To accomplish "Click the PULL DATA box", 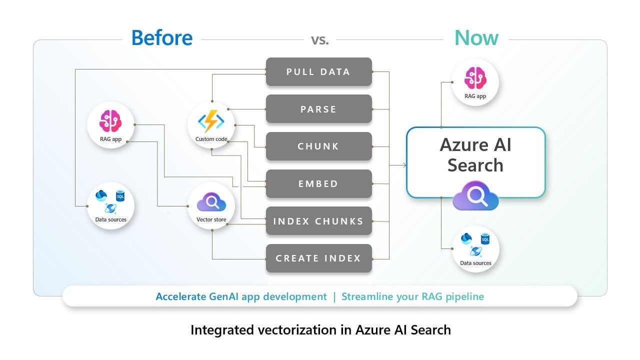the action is pyautogui.click(x=319, y=71).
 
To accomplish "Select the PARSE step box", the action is pyautogui.click(x=319, y=109).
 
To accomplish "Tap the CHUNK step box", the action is pyautogui.click(x=319, y=146).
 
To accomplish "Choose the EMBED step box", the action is pyautogui.click(x=319, y=183).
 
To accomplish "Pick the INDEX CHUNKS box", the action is pyautogui.click(x=319, y=221).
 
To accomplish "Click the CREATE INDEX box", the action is pyautogui.click(x=319, y=258).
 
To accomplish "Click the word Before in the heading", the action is pyautogui.click(x=162, y=37).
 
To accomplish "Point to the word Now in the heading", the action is pyautogui.click(x=476, y=38).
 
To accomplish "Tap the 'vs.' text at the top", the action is pyautogui.click(x=320, y=40).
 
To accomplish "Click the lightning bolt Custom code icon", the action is pyautogui.click(x=211, y=121).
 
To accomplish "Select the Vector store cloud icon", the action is pyautogui.click(x=211, y=202).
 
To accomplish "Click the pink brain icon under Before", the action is pyautogui.click(x=110, y=121).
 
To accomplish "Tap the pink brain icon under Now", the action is pyautogui.click(x=475, y=78).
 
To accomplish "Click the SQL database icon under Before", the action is pyautogui.click(x=120, y=196).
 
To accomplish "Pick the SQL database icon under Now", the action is pyautogui.click(x=485, y=239).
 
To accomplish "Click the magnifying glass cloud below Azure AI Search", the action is pyautogui.click(x=475, y=195).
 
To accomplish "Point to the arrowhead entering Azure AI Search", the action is pyautogui.click(x=404, y=165).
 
